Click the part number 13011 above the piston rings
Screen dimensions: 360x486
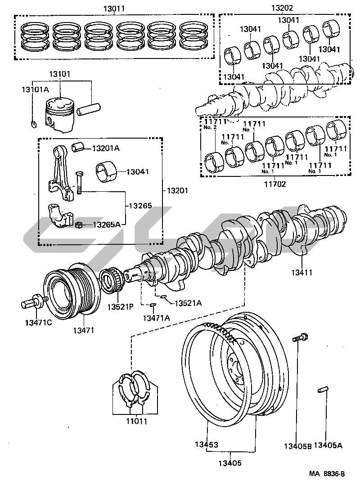[114, 9]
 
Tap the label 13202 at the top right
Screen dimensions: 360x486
[282, 8]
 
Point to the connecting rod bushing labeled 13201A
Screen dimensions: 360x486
[78, 147]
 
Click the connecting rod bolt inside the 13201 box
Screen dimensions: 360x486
[79, 183]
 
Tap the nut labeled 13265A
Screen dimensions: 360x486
[79, 225]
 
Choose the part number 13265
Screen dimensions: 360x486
[140, 206]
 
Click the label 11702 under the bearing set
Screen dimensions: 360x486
[275, 184]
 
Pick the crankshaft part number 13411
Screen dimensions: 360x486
[301, 272]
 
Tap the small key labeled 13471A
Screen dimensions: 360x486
[152, 305]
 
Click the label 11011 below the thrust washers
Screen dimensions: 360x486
[136, 422]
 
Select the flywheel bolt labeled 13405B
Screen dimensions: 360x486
[300, 337]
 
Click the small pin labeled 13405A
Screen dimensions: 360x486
[323, 390]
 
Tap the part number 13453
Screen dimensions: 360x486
[206, 445]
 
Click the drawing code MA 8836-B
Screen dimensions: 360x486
[327, 473]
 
